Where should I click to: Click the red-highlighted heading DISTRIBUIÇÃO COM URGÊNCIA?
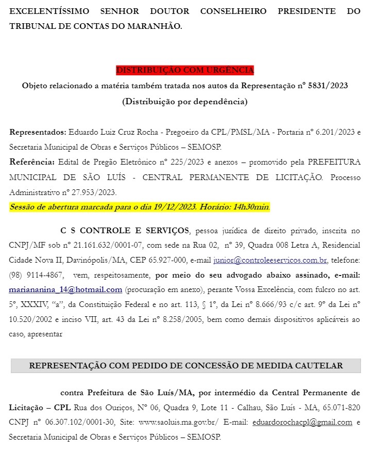185,70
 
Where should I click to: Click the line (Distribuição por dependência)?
185,102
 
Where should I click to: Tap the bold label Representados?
38,132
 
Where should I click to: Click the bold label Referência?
32,162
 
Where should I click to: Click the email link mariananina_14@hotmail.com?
65,290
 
